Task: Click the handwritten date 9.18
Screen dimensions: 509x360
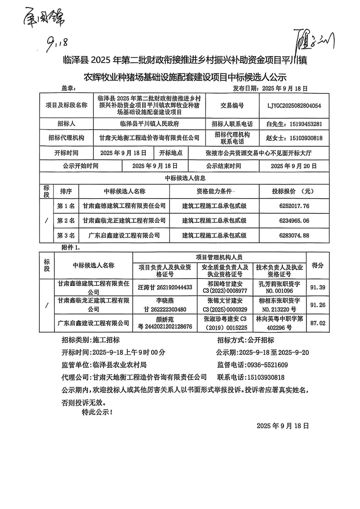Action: (57, 44)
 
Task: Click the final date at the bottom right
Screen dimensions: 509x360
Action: (282, 426)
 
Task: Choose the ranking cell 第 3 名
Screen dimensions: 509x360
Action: (66, 235)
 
